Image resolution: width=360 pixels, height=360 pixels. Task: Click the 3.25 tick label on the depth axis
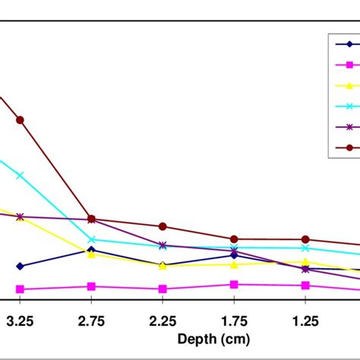20,321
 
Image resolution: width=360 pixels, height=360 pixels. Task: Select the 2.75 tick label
91,321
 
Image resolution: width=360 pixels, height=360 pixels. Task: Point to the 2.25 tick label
163,321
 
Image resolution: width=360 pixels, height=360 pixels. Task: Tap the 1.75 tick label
234,321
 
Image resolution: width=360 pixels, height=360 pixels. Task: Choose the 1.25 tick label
305,321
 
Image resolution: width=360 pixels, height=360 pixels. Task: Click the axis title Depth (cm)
213,339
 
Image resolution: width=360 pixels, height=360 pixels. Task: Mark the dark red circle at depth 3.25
20,120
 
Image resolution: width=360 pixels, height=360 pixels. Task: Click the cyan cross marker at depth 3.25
20,175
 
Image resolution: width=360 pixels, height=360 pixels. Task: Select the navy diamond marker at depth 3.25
20,266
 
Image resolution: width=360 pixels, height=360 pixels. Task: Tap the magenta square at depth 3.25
20,289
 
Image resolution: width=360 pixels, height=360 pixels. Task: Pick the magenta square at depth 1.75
234,285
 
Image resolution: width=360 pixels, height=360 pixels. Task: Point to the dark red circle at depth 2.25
163,226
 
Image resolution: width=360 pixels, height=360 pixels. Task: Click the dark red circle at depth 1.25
305,239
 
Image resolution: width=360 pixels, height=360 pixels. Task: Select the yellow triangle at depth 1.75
234,264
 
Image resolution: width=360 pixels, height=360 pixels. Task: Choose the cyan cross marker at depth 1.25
305,248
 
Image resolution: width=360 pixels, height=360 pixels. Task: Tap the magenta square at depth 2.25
163,289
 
